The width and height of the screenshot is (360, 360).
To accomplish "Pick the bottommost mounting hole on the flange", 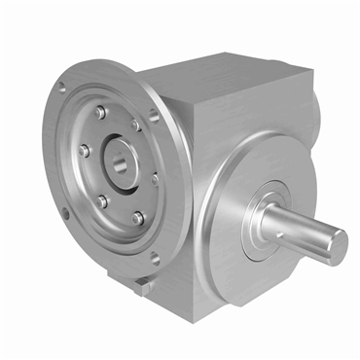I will pyautogui.click(x=152, y=258).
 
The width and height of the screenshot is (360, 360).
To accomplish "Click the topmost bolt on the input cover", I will pyautogui.click(x=100, y=113).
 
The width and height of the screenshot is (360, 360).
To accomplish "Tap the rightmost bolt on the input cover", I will pyautogui.click(x=155, y=179).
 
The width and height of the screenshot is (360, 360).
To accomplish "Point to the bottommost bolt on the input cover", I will pyautogui.click(x=138, y=217).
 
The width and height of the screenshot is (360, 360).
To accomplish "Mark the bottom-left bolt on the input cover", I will pyautogui.click(x=102, y=200).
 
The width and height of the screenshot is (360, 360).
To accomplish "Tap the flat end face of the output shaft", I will pyautogui.click(x=336, y=246).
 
